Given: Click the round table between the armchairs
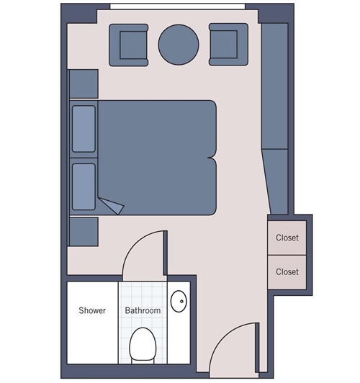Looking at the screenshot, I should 178,45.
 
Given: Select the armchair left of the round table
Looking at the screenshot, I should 129,45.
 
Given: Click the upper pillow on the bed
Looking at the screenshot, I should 84,129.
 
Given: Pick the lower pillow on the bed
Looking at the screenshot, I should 84,186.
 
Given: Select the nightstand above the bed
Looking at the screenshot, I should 84,84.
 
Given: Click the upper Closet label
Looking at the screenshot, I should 287,238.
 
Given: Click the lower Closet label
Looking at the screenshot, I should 287,272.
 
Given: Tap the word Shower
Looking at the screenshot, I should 92,311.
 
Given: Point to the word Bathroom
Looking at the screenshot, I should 143,311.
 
